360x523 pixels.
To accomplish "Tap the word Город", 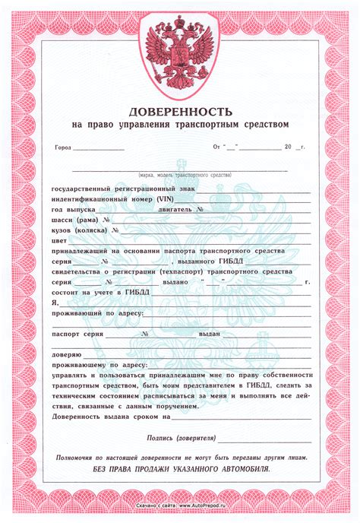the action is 63,147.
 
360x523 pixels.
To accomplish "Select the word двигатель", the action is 177,208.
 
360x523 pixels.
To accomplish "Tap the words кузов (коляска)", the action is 80,228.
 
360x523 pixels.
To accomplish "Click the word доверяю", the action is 65,354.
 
